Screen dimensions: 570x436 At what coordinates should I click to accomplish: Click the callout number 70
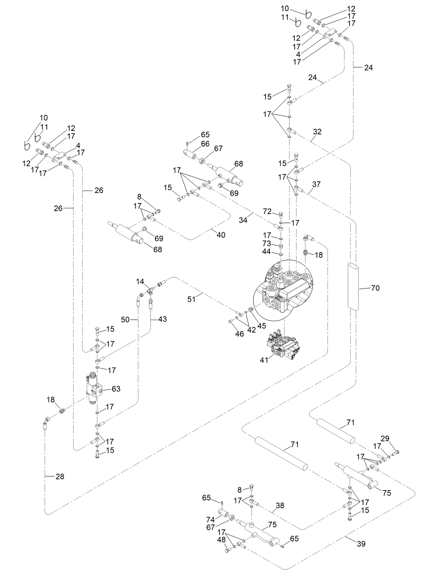pos(375,288)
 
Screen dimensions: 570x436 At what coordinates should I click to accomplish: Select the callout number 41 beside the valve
pos(264,360)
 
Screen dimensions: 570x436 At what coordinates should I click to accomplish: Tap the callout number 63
pos(116,389)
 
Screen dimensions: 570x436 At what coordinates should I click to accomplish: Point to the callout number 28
pos(60,477)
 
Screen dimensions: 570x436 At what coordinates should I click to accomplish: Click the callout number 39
pos(361,544)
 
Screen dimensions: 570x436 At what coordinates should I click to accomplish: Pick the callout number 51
pos(191,299)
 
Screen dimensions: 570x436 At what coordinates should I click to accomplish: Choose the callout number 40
pos(221,235)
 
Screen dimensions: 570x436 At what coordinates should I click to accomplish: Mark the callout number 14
pos(140,281)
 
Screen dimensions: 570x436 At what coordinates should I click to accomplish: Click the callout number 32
pos(317,132)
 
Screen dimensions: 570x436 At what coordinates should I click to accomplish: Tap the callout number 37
pos(316,184)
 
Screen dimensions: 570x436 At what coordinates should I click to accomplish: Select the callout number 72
pos(267,211)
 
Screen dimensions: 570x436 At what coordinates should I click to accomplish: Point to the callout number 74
pos(210,520)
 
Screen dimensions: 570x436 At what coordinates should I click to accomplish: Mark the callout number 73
pos(267,243)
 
